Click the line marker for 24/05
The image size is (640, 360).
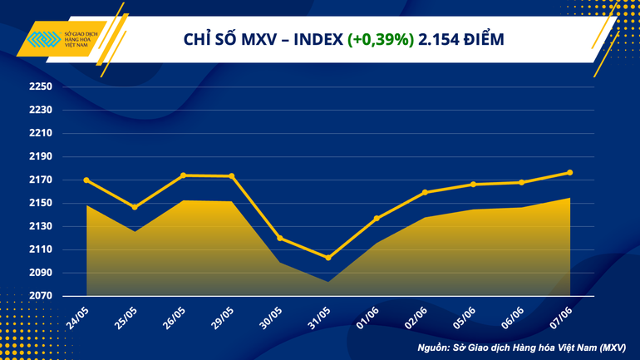coord(86,180)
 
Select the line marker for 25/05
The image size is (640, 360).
coord(135,207)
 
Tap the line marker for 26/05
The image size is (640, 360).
coord(183,175)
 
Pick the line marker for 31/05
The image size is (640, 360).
coord(328,258)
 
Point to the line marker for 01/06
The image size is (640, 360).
coord(377,219)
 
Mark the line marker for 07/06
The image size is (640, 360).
coord(569,172)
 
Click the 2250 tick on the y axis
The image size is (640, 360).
coord(42,87)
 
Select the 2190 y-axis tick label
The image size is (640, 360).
coord(42,157)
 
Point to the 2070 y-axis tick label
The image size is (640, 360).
coord(42,296)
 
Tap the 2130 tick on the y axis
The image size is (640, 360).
coord(42,226)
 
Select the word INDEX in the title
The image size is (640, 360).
coord(315,39)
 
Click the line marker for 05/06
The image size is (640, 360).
coord(473,184)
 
